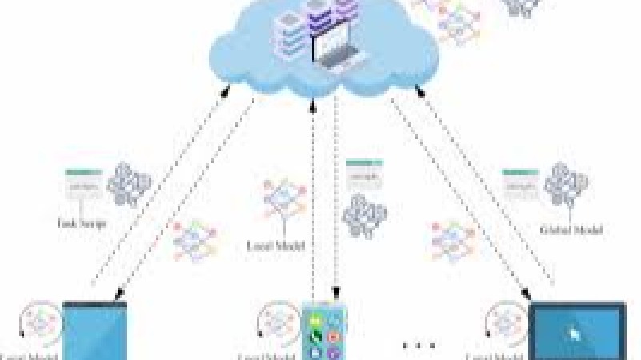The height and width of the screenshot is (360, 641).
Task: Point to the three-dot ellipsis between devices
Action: tap(419, 346)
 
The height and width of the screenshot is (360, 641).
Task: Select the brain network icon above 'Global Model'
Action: tap(566, 186)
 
